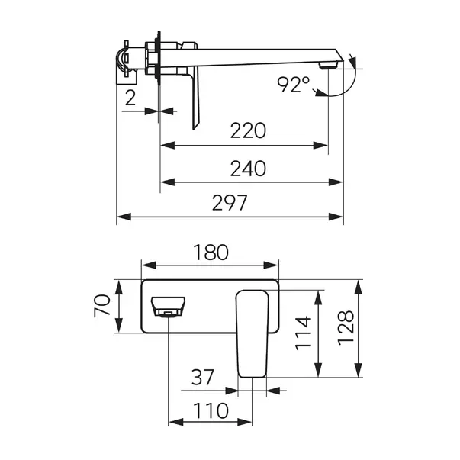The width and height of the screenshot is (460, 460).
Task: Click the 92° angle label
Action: pyautogui.click(x=294, y=85)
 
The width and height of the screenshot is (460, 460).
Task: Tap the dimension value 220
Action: pyautogui.click(x=248, y=130)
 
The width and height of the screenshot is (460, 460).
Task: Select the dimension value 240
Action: pyautogui.click(x=248, y=169)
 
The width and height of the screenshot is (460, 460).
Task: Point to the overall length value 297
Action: pyautogui.click(x=230, y=202)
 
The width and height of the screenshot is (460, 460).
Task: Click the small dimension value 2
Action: pyautogui.click(x=130, y=98)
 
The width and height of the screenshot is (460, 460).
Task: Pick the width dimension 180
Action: pyautogui.click(x=211, y=253)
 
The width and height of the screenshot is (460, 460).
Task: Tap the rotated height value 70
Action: pyautogui.click(x=102, y=306)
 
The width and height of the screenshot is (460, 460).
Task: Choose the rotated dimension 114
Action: pyautogui.click(x=303, y=333)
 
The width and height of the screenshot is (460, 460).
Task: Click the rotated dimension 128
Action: pyautogui.click(x=346, y=328)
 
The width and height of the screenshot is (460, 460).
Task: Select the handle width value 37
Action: pyautogui.click(x=203, y=378)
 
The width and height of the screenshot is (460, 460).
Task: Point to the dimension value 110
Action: pyautogui.click(x=211, y=410)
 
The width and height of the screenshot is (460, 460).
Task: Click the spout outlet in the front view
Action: pyautogui.click(x=168, y=307)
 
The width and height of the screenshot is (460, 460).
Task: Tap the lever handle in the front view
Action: pyautogui.click(x=253, y=333)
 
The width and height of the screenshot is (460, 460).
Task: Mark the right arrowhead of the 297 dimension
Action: pyautogui.click(x=336, y=217)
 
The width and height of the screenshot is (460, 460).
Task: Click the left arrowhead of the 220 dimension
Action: pyautogui.click(x=168, y=145)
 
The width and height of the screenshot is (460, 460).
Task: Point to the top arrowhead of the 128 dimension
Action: pyautogui.click(x=359, y=287)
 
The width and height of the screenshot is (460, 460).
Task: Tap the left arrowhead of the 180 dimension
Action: pyautogui.click(x=149, y=265)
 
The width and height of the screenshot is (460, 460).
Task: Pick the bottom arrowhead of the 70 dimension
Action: pyautogui.click(x=118, y=325)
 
